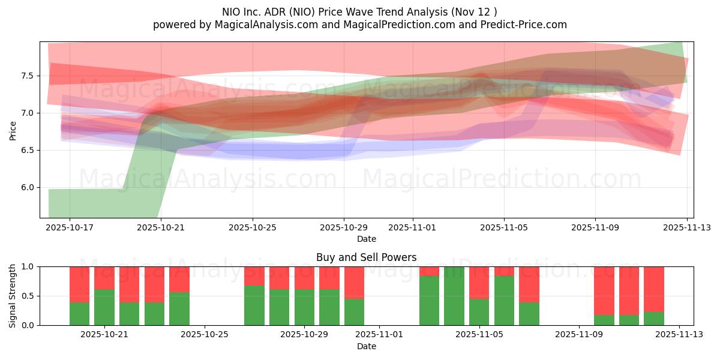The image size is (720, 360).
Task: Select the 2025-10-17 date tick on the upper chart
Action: click(x=70, y=227)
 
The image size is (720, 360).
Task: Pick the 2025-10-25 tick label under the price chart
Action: click(x=253, y=227)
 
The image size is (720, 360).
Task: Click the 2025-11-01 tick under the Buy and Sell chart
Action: click(x=380, y=334)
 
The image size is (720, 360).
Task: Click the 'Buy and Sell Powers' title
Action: click(x=366, y=257)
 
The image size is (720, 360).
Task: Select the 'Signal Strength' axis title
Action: click(x=13, y=296)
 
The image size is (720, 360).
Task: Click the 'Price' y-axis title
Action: click(x=13, y=130)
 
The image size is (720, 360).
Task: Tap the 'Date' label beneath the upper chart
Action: click(x=366, y=239)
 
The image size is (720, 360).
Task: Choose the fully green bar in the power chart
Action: click(x=454, y=296)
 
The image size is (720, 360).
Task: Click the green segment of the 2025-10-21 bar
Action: click(x=104, y=307)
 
